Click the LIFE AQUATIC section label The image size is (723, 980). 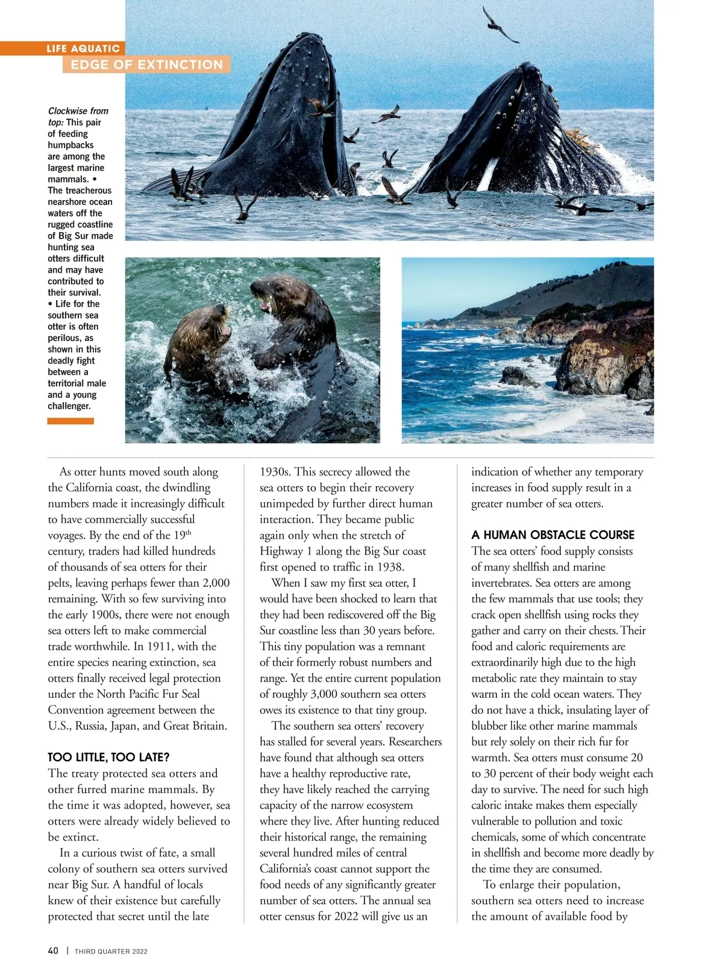(83, 48)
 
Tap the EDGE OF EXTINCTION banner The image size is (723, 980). (146, 64)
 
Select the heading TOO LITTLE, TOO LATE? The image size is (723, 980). (108, 757)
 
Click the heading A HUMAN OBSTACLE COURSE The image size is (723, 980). (552, 535)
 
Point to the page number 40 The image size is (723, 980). (53, 950)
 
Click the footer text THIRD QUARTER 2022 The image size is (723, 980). (111, 951)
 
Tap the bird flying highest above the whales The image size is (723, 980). (499, 25)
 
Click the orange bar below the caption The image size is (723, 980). (70, 421)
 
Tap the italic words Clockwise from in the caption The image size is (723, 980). (78, 111)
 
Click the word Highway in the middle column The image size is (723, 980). (280, 551)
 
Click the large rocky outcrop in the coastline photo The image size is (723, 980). (602, 356)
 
